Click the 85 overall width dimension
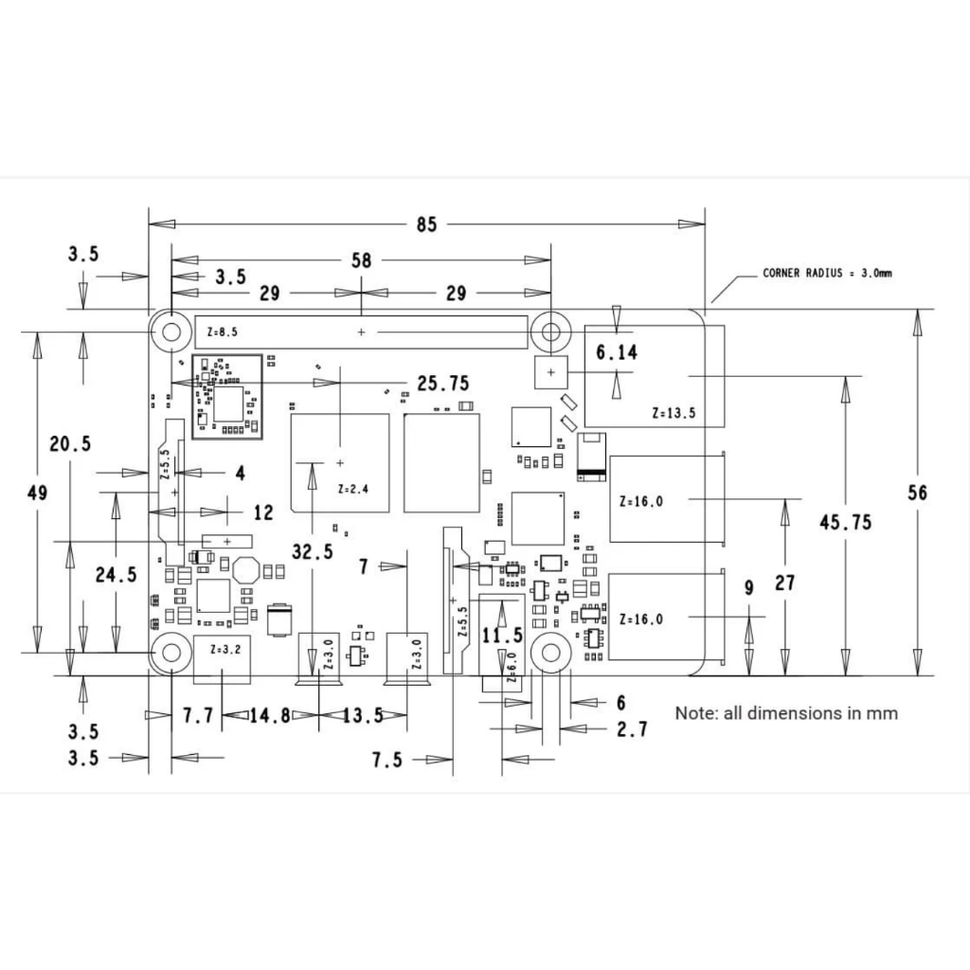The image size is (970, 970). pos(427,224)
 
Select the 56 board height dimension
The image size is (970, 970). pos(917,493)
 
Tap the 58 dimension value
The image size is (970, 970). pos(362,260)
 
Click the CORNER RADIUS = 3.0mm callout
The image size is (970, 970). pos(827,273)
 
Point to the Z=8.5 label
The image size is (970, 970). pos(222,332)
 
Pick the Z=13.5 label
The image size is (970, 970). pos(674,413)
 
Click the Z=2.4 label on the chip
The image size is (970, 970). pos(353,489)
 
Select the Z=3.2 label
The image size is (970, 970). pos(225,650)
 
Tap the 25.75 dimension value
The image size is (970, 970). pos(443,384)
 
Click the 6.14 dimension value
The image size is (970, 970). pos(616,352)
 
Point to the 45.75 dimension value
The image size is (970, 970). pos(846,522)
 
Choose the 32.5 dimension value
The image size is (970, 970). pos(313,551)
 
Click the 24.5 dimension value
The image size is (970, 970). pos(117,575)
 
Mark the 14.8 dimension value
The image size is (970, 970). pos(270,716)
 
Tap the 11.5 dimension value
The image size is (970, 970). pos(502,636)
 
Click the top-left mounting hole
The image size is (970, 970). pos(171,332)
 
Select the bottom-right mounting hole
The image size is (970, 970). pos(551,652)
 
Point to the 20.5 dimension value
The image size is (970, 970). pos(70,443)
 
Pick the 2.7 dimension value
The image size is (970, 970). pos(632,729)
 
